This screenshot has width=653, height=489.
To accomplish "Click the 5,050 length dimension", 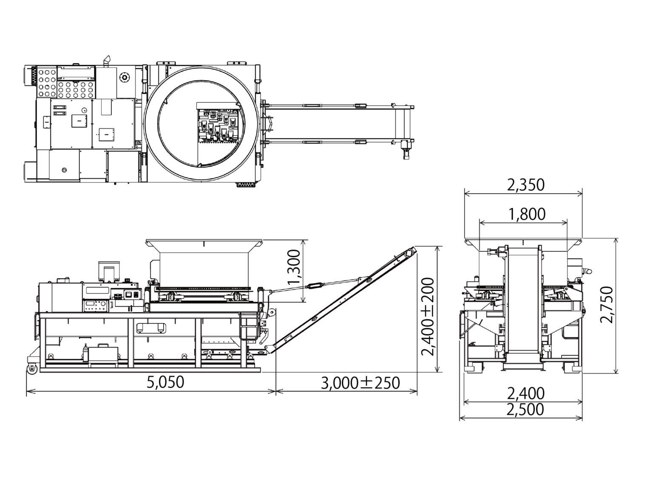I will (165, 382).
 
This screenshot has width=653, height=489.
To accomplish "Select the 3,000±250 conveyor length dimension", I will (360, 383).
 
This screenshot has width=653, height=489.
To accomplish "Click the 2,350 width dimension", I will (525, 185).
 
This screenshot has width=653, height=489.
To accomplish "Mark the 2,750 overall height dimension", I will (607, 304).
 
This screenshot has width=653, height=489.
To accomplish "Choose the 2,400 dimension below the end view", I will (525, 393).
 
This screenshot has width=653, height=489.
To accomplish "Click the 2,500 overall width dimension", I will (525, 409).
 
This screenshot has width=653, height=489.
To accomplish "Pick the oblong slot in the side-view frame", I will (151, 327).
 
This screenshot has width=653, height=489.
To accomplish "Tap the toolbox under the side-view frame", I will (102, 354).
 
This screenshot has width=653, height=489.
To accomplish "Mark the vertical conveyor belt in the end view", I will (522, 301).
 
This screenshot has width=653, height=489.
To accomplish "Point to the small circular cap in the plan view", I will (124, 77).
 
